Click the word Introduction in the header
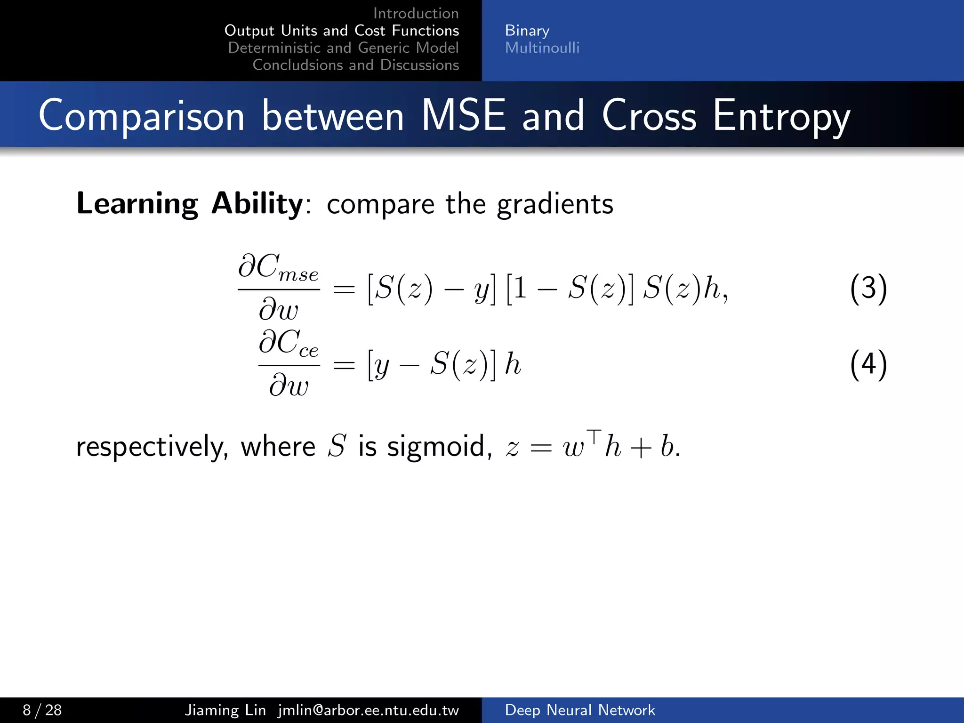[416, 13]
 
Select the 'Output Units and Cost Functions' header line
[342, 31]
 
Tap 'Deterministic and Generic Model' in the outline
[343, 48]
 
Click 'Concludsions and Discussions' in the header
[355, 65]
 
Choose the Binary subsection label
[527, 31]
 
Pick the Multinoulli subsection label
[542, 48]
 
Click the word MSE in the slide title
[463, 115]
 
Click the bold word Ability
[257, 204]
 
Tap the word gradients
[555, 205]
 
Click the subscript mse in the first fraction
[298, 274]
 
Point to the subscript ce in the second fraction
[309, 351]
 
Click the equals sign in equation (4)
[344, 365]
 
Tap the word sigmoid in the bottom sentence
[436, 446]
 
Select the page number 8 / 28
[42, 710]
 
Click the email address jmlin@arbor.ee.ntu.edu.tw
[368, 710]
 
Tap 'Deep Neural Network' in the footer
[579, 710]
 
